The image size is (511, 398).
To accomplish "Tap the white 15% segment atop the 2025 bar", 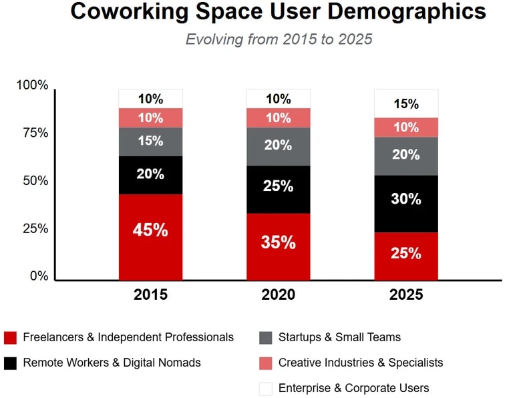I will (405, 104).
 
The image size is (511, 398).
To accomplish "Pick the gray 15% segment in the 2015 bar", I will (150, 142).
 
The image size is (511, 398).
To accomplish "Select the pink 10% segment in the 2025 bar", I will (405, 127).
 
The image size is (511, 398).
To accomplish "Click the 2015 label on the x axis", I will (150, 294).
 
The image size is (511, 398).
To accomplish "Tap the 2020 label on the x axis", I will (278, 294).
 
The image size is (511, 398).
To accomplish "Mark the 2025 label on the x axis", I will (405, 294).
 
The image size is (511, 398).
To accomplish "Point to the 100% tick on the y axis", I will (32, 85).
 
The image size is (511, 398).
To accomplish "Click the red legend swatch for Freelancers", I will (10, 337).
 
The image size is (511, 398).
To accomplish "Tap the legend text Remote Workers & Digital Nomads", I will (112, 363).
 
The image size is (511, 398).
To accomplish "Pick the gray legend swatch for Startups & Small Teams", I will (265, 337).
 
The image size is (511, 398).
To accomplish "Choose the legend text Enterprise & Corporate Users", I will (353, 388).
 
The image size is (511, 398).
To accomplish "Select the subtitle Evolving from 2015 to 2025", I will (279, 39).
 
